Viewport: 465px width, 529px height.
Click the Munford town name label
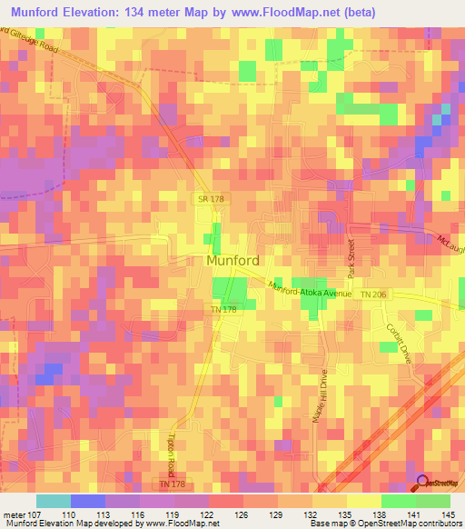(x=233, y=261)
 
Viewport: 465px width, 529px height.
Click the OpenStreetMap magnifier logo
(x=423, y=483)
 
